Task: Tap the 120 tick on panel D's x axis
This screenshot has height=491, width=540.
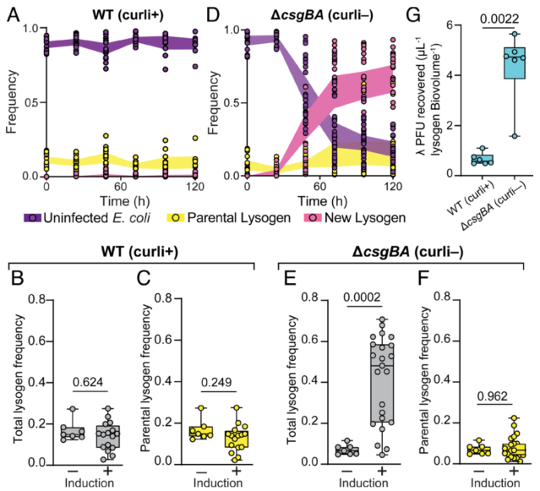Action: tap(392, 187)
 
